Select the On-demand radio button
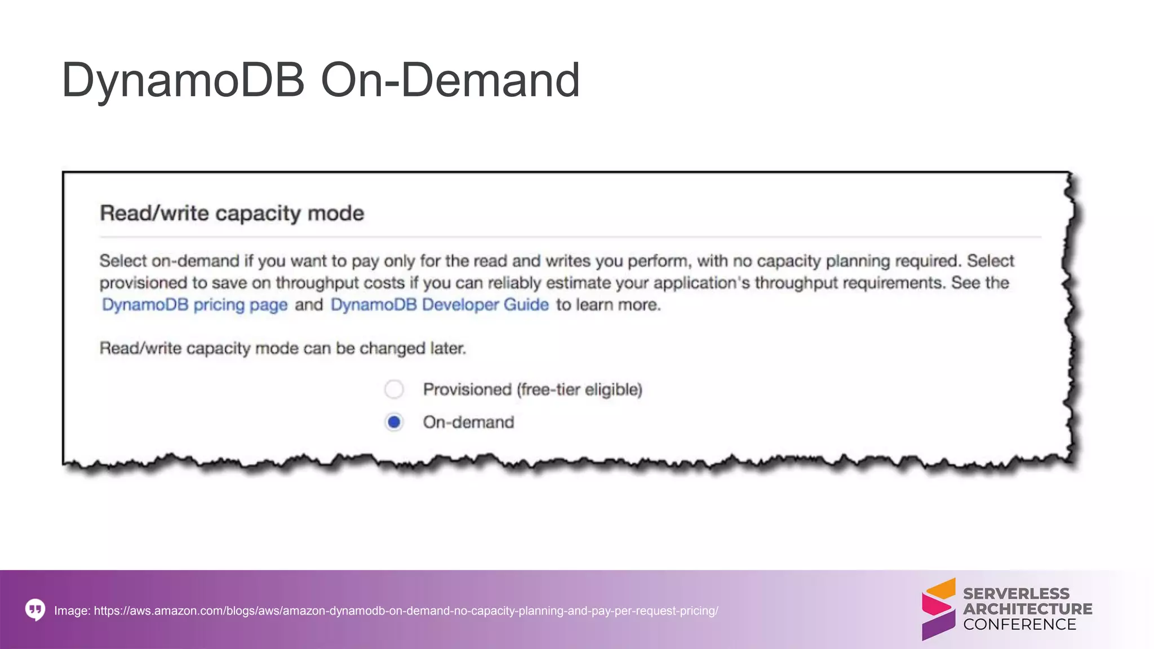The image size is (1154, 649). click(x=394, y=422)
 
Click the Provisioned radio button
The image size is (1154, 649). click(x=394, y=389)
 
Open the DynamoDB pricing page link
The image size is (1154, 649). click(x=194, y=305)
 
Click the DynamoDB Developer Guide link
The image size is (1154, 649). click(x=440, y=305)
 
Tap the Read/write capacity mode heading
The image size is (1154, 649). click(x=232, y=214)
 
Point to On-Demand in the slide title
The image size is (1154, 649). click(x=450, y=80)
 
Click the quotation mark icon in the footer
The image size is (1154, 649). click(x=35, y=610)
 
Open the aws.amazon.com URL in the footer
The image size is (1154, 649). click(x=406, y=611)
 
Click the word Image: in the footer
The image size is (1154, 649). click(x=72, y=611)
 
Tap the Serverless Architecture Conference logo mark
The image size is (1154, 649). click(x=938, y=609)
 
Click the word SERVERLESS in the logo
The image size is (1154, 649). click(x=1016, y=594)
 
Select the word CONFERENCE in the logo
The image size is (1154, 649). click(x=1019, y=624)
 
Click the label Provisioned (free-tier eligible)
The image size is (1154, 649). click(x=532, y=389)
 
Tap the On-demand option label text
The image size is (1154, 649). click(x=468, y=423)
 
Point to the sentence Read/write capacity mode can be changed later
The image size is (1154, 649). click(x=283, y=348)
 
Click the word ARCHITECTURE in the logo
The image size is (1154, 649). click(x=1027, y=609)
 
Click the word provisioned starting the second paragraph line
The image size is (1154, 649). click(x=143, y=283)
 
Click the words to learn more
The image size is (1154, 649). click(x=608, y=305)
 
